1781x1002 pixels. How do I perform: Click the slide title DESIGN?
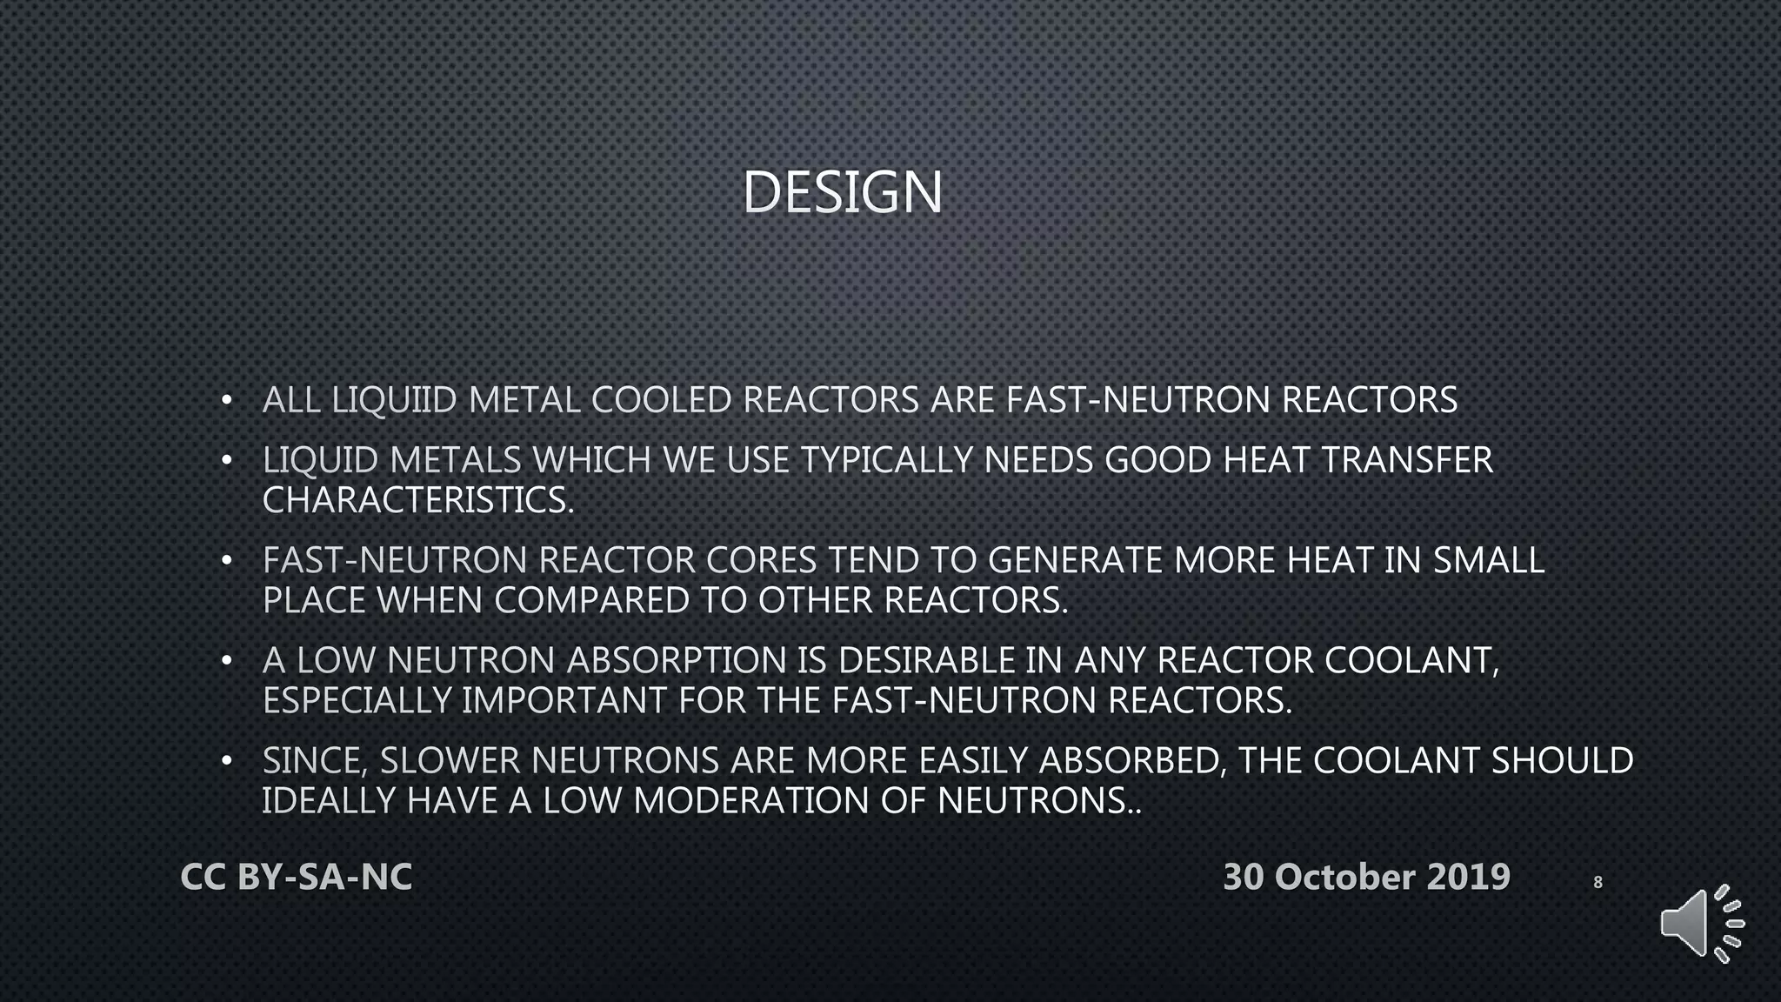(842, 192)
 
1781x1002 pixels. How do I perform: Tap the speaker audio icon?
(1700, 924)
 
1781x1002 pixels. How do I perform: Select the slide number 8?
(1598, 882)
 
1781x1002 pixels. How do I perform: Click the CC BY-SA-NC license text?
(297, 877)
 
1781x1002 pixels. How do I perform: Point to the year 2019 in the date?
(1468, 877)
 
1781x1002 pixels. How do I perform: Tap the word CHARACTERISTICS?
(418, 500)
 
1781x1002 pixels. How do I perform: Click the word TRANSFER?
(1406, 460)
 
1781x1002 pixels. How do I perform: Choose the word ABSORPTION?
(677, 660)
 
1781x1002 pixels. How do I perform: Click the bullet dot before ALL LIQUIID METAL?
(227, 401)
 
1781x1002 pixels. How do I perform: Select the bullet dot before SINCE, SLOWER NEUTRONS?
(227, 762)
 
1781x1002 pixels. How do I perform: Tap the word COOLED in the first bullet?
(661, 400)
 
